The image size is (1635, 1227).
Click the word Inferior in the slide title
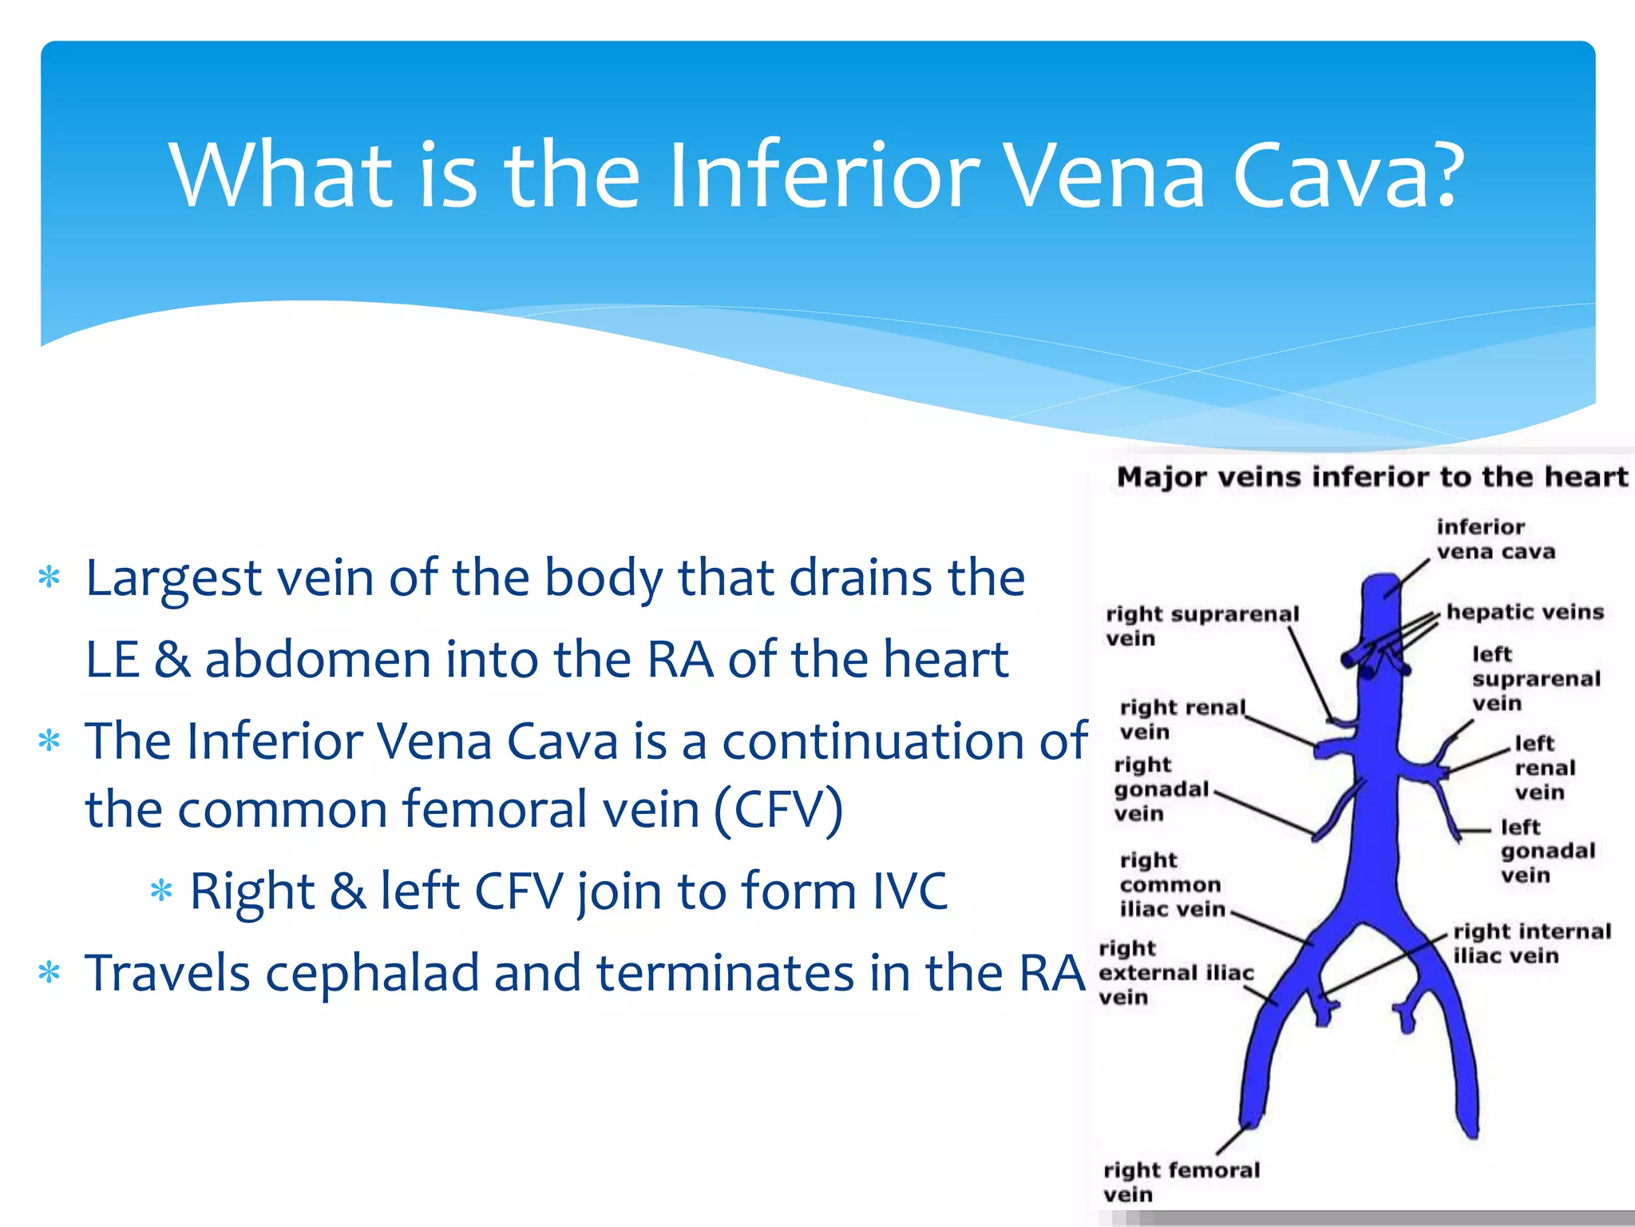pos(822,176)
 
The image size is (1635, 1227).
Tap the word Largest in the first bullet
pos(173,578)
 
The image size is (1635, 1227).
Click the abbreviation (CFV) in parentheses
pos(778,810)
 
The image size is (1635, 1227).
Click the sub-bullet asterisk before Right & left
pos(161,890)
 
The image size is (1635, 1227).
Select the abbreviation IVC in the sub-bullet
pos(909,891)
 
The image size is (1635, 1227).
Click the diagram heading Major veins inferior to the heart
pos(1372,477)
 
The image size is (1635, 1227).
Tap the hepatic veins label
pos(1525,612)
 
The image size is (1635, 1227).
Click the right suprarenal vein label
pos(1202,625)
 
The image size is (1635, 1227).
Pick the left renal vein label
pos(1544,768)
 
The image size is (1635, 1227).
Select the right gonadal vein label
pos(1162,789)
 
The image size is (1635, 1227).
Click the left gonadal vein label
pos(1546,851)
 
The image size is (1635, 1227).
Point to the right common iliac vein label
pos(1171,885)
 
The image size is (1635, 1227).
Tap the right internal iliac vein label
pos(1531,943)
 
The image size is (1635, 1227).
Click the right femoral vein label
pos(1181,1181)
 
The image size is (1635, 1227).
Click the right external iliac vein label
pos(1175,973)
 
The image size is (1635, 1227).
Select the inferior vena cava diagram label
pos(1494,539)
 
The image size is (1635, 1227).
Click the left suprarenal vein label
pos(1535,679)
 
